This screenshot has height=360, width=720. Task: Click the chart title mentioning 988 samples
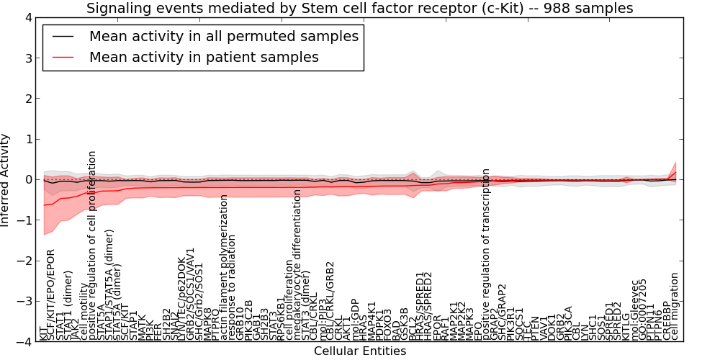[359, 8]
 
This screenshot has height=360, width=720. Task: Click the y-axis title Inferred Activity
[6, 180]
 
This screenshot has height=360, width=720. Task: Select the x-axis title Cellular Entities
[359, 351]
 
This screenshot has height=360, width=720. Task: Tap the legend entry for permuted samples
[223, 36]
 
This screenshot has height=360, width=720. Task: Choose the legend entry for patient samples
[203, 56]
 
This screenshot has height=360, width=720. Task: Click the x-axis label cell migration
[675, 305]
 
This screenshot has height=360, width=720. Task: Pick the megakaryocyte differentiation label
[297, 275]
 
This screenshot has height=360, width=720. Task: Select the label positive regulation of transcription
[486, 254]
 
